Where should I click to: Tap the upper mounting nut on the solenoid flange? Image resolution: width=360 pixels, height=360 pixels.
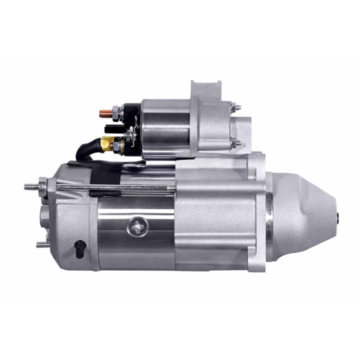pos(236,106)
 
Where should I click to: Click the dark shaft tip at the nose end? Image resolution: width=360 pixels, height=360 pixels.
pos(341,216)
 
